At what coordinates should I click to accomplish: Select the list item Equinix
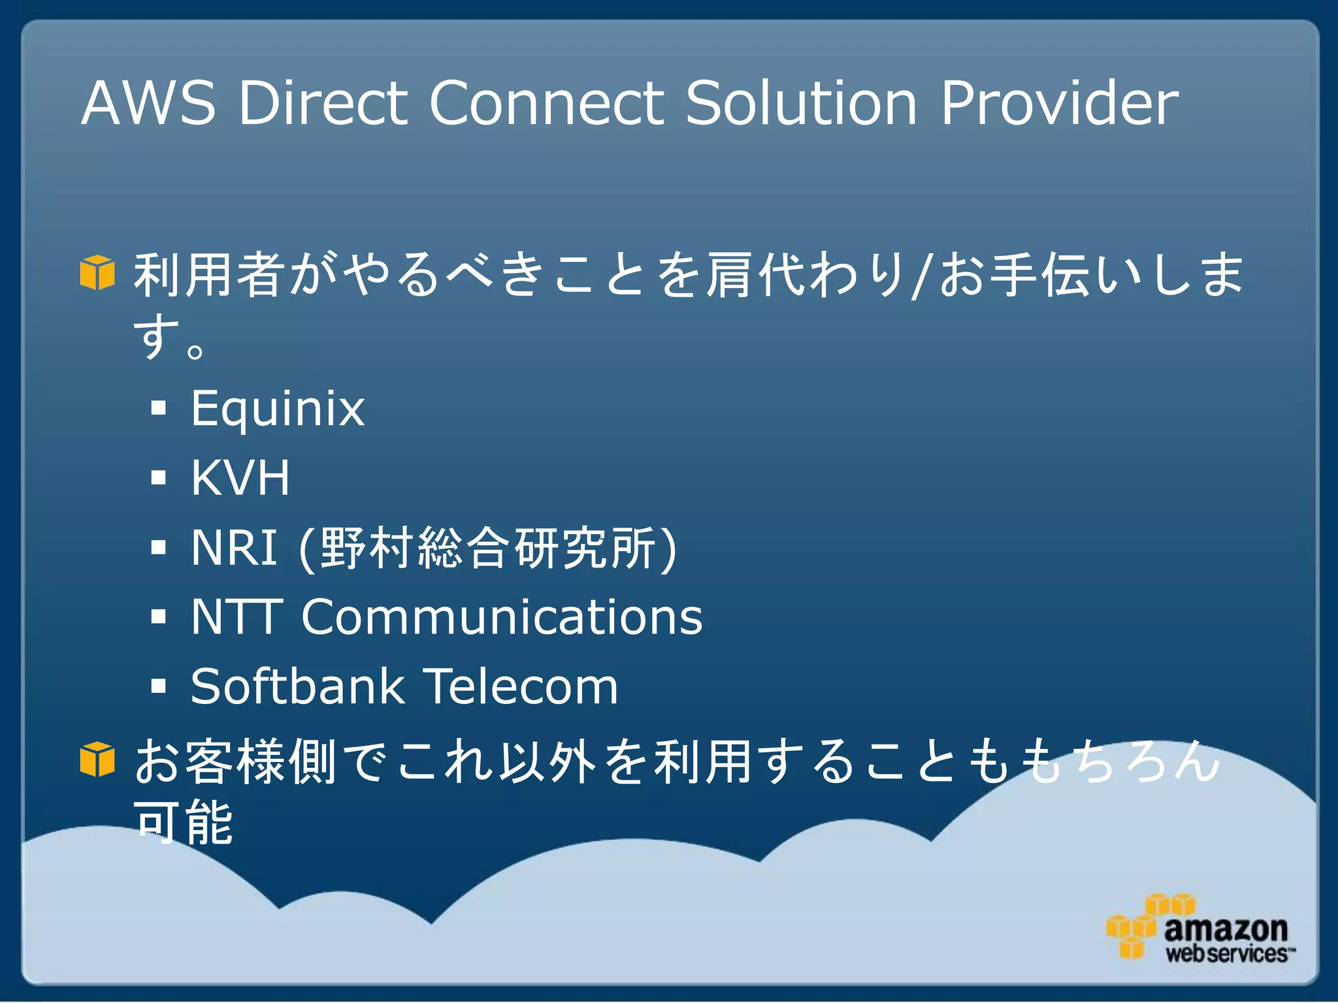click(x=278, y=409)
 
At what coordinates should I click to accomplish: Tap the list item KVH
click(x=240, y=478)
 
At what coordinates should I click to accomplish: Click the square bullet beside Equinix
click(x=159, y=409)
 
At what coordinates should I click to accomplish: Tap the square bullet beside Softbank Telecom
click(x=159, y=686)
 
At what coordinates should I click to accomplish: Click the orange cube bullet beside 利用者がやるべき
click(x=97, y=272)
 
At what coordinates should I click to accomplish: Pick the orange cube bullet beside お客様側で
click(x=97, y=759)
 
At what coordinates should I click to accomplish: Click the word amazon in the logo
click(x=1225, y=929)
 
